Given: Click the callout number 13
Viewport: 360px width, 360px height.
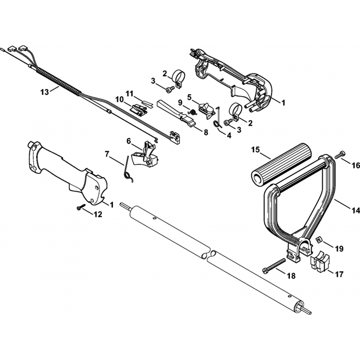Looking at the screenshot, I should [44, 92].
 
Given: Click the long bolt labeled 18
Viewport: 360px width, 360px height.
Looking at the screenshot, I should [277, 265].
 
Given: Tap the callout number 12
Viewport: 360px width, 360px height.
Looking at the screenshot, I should [98, 215].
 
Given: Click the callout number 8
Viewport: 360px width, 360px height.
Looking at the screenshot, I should [206, 132].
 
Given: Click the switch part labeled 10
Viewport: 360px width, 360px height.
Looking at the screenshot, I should [139, 108].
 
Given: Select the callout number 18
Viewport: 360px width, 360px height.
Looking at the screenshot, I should [291, 276].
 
